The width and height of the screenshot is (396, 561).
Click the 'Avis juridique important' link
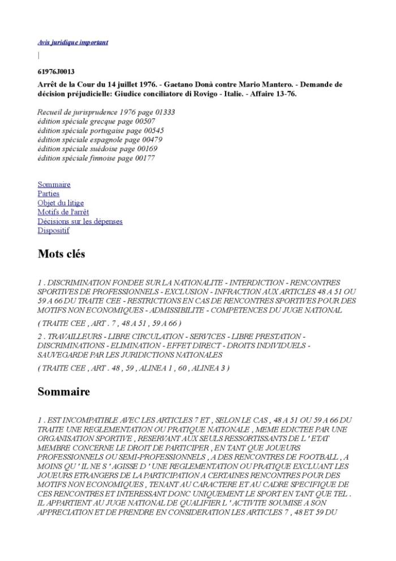coord(72,42)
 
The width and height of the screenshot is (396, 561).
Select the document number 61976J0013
coord(56,72)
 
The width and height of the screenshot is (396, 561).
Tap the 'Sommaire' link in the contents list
coord(54,185)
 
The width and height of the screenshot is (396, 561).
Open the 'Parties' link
coord(48,194)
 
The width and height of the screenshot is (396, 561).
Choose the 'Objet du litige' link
coord(61,203)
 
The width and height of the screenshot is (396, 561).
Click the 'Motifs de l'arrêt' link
coord(63,212)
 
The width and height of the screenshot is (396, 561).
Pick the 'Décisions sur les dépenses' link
coord(80,221)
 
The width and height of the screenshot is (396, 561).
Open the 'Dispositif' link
coord(53,230)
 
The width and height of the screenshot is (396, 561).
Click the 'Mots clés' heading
coord(61,254)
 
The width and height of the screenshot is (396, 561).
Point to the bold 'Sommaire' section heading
coord(63,392)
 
